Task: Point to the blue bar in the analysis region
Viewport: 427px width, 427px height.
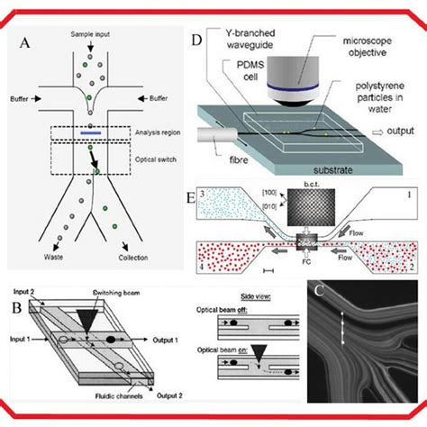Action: pos(90,134)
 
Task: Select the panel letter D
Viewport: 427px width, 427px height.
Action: pos(198,41)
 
